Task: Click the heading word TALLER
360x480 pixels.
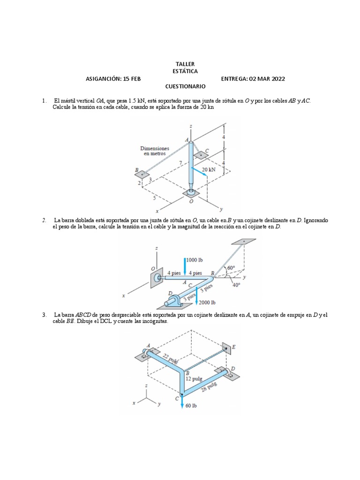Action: (x=185, y=64)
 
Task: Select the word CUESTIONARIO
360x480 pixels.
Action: (x=185, y=87)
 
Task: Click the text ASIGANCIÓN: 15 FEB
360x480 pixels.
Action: (x=113, y=79)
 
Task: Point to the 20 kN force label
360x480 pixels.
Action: (x=209, y=169)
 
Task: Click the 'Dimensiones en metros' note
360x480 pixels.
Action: (x=154, y=150)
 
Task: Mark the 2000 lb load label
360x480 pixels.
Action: (x=207, y=302)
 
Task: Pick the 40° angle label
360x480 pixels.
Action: (x=236, y=284)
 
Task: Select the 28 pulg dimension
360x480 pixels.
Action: (x=209, y=386)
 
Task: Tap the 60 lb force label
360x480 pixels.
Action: (x=191, y=405)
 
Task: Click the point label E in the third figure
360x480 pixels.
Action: (x=234, y=347)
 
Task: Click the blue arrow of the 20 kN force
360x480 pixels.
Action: (x=199, y=172)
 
